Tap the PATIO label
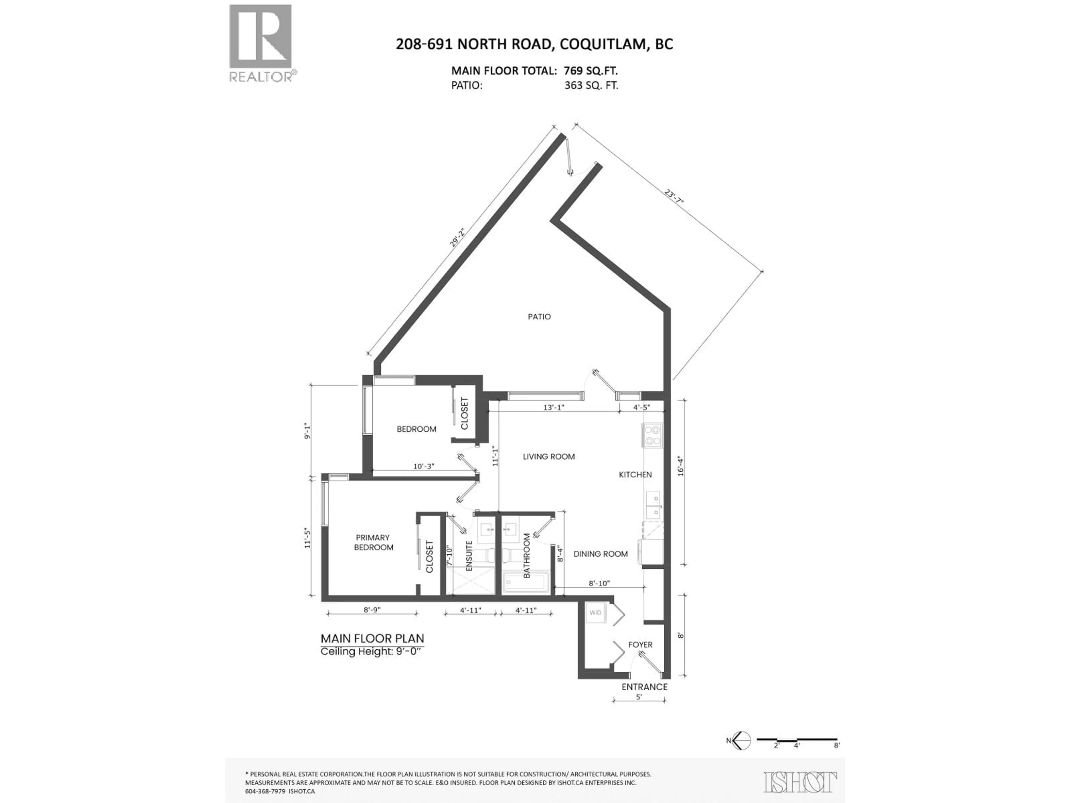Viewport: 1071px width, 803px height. click(539, 316)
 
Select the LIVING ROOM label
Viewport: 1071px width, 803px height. click(549, 456)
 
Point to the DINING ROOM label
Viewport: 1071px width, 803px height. click(600, 554)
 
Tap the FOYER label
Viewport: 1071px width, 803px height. click(640, 645)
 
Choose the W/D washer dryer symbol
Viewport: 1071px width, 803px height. click(595, 613)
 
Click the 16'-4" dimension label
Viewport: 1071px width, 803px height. click(681, 466)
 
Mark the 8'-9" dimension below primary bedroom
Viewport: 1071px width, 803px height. click(372, 610)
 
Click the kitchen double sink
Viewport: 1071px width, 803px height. click(653, 505)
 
